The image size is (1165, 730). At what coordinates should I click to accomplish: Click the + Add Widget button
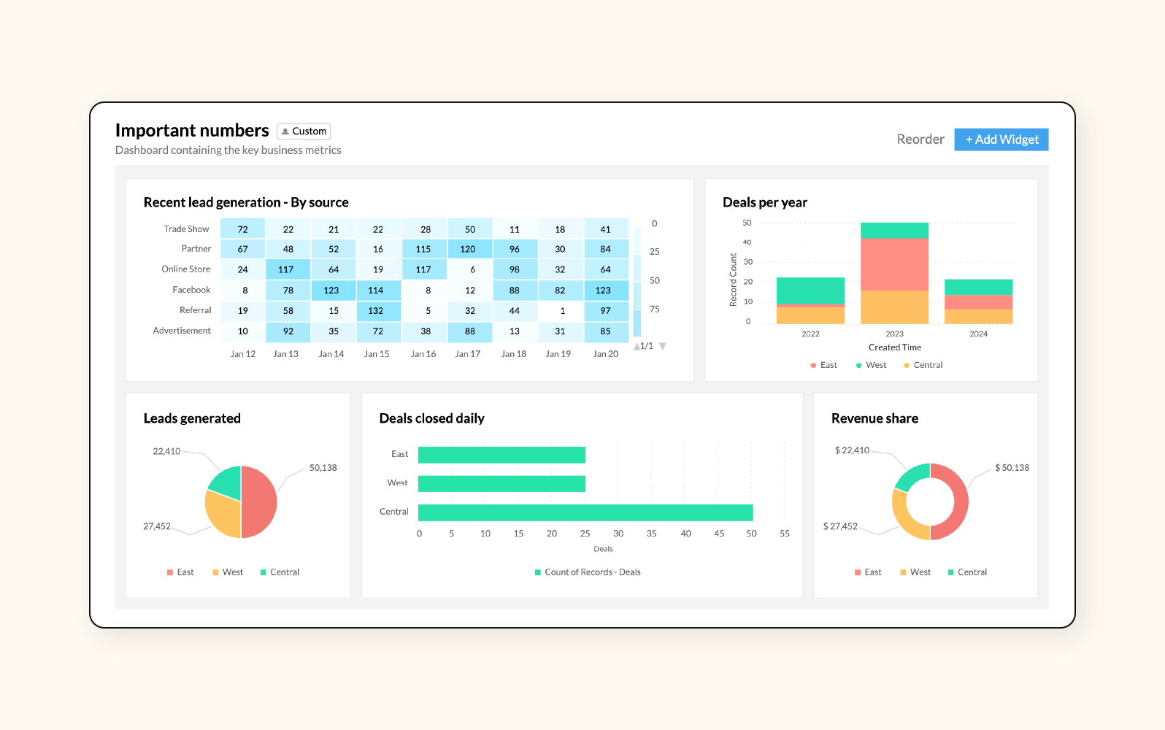click(1001, 139)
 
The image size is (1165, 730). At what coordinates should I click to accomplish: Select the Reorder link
click(920, 139)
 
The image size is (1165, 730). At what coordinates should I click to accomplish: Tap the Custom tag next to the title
click(304, 131)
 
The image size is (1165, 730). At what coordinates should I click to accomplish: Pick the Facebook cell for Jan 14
click(332, 291)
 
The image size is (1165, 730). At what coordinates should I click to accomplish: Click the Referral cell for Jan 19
click(561, 311)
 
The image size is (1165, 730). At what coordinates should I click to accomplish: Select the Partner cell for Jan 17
click(469, 249)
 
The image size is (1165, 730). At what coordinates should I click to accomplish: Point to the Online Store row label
click(186, 269)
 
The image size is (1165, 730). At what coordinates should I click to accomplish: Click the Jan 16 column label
click(423, 354)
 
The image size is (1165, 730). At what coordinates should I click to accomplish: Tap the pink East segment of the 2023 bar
click(894, 264)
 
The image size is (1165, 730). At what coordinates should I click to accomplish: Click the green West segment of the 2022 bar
click(810, 290)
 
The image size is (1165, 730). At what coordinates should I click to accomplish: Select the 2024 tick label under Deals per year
click(978, 334)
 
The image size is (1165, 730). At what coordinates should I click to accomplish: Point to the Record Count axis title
click(733, 280)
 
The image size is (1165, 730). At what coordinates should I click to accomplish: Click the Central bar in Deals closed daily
click(585, 512)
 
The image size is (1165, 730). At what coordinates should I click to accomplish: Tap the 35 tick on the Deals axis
click(651, 534)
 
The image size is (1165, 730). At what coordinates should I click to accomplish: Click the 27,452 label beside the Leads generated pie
click(157, 526)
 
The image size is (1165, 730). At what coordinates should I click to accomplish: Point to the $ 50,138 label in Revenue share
click(1012, 468)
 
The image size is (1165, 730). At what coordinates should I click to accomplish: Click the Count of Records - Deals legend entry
click(588, 572)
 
